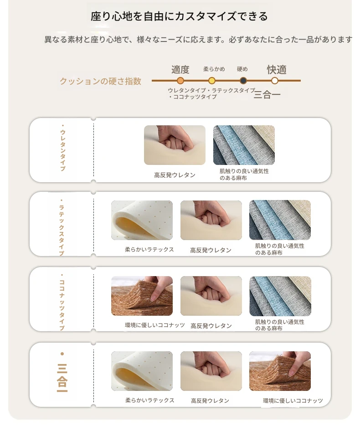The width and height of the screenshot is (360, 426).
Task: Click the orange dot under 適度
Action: (180, 81)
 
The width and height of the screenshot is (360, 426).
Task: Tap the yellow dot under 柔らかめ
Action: (211, 81)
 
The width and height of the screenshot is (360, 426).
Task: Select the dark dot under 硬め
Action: (243, 81)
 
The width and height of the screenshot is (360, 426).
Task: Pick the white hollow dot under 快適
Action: (275, 81)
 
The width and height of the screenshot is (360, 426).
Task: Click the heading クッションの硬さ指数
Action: (101, 81)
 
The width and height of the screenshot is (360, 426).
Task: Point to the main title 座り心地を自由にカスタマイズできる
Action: (180, 16)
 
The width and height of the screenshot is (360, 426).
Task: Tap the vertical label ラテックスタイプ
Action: (62, 227)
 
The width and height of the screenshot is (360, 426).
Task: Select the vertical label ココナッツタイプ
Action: (62, 302)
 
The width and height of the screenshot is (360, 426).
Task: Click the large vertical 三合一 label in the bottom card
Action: (62, 373)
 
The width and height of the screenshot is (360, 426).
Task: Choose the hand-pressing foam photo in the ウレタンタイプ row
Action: (175, 145)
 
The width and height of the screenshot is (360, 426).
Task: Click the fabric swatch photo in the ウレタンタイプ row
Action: (244, 145)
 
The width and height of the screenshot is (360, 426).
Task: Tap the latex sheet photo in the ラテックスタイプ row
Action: (142, 221)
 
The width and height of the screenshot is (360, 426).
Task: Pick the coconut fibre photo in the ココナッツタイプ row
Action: (142, 296)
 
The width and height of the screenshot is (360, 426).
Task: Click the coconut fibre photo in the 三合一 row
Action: (280, 371)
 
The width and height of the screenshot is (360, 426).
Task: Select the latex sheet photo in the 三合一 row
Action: (142, 371)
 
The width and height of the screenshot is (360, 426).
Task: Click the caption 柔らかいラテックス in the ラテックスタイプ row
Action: (149, 249)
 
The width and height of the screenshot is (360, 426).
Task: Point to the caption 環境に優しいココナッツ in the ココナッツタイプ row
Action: (154, 325)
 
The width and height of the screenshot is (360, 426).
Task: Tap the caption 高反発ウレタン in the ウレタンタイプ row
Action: (175, 175)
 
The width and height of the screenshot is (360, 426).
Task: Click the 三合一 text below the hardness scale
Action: (267, 95)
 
